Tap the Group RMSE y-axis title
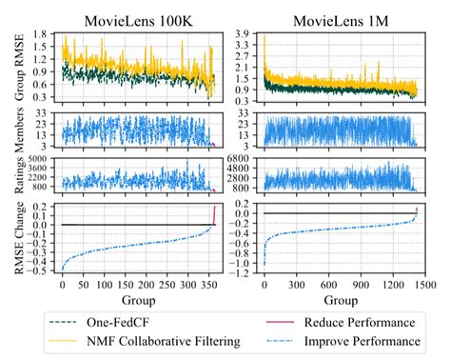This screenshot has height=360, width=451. [x=13, y=67]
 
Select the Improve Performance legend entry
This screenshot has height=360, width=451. [x=363, y=340]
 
